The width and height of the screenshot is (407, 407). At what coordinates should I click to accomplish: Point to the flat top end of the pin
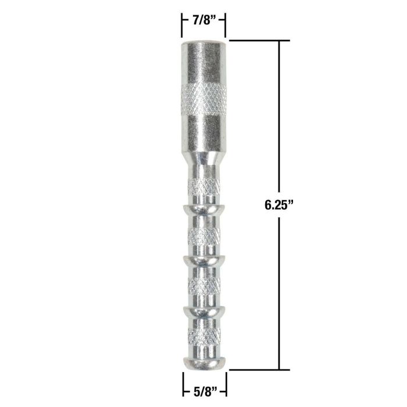pyautogui.click(x=203, y=44)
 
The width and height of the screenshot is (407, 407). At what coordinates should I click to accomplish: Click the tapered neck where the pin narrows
pyautogui.click(x=203, y=154)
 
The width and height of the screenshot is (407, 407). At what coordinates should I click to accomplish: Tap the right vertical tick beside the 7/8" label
pyautogui.click(x=226, y=22)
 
